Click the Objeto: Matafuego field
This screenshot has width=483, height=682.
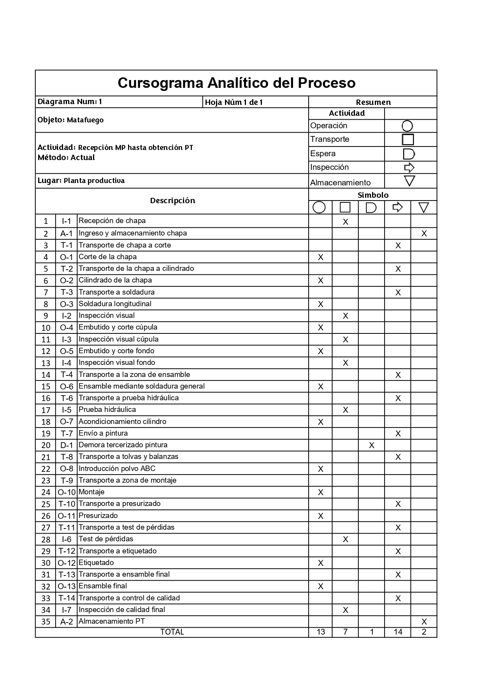pos(70,120)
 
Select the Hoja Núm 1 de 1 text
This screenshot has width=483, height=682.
pos(234,102)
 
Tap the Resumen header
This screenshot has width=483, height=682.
pos(373,102)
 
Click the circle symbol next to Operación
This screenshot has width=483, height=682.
pos(407,126)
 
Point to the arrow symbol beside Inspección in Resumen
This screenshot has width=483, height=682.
pos(409,167)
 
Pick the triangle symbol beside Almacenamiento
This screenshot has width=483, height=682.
pos(409,181)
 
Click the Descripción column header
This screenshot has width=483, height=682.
pos(172,201)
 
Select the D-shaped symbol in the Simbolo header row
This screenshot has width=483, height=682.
pos(371,208)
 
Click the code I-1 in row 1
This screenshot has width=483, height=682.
pos(67,221)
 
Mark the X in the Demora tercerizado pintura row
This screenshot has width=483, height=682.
pos(372,445)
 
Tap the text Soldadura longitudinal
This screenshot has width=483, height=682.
pos(115,304)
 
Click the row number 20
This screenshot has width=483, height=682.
pos(46,445)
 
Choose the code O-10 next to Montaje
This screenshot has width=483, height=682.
pos(67,492)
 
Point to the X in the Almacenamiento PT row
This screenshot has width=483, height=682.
pos(424,622)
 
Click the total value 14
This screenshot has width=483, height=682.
pos(398,632)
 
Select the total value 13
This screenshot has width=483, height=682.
pos(321,632)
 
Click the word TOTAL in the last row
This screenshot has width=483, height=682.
pos(172,632)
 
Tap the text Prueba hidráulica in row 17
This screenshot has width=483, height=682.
pos(107,410)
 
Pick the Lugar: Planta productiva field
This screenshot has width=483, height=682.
pos(81,181)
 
